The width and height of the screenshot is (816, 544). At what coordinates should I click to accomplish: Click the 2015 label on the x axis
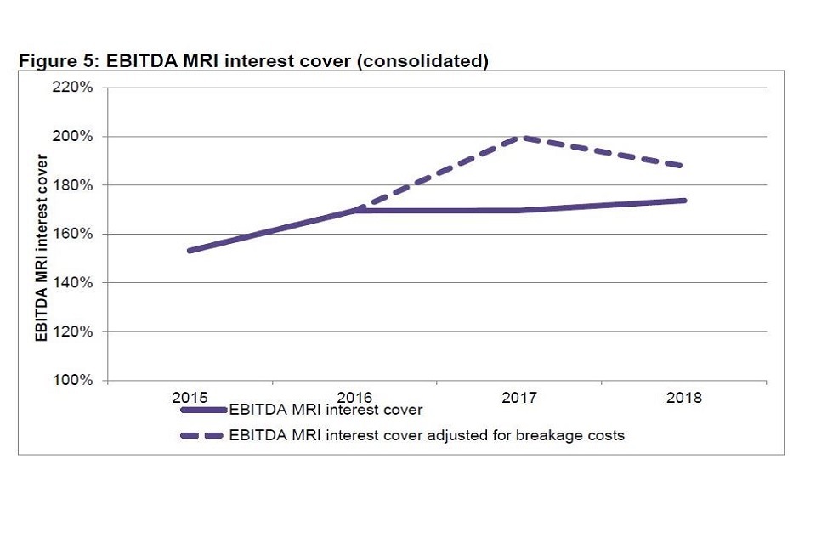[x=190, y=397]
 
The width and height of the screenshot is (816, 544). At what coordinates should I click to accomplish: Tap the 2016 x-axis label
[x=354, y=397]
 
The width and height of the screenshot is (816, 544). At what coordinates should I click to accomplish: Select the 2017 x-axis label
[x=519, y=397]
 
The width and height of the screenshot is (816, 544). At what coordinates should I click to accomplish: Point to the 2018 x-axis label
[x=684, y=397]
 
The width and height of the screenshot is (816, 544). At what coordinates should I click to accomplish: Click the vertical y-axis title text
[x=41, y=246]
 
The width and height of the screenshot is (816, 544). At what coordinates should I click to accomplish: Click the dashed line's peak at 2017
[x=519, y=137]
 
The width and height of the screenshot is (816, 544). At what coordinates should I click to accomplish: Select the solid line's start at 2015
[x=190, y=251]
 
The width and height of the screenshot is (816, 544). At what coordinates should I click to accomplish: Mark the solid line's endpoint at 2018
[x=684, y=201]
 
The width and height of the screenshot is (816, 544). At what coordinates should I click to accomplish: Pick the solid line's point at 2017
[x=519, y=210]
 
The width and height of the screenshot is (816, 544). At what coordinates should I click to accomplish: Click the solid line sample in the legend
[x=204, y=410]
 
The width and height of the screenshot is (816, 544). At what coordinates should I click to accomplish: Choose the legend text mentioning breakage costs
[x=427, y=435]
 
